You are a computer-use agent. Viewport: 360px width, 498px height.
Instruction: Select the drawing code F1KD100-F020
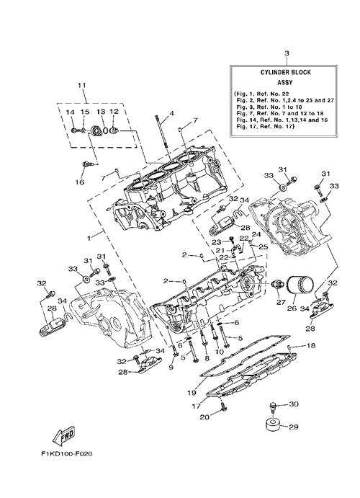(66, 454)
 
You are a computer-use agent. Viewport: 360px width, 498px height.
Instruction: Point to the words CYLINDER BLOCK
(281, 72)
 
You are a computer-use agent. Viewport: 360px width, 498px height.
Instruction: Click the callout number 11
(82, 86)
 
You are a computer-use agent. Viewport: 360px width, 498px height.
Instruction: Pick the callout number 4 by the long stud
(171, 113)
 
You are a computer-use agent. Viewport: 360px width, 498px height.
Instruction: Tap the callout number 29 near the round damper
(294, 427)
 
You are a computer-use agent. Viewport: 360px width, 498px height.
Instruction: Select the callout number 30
(294, 404)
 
